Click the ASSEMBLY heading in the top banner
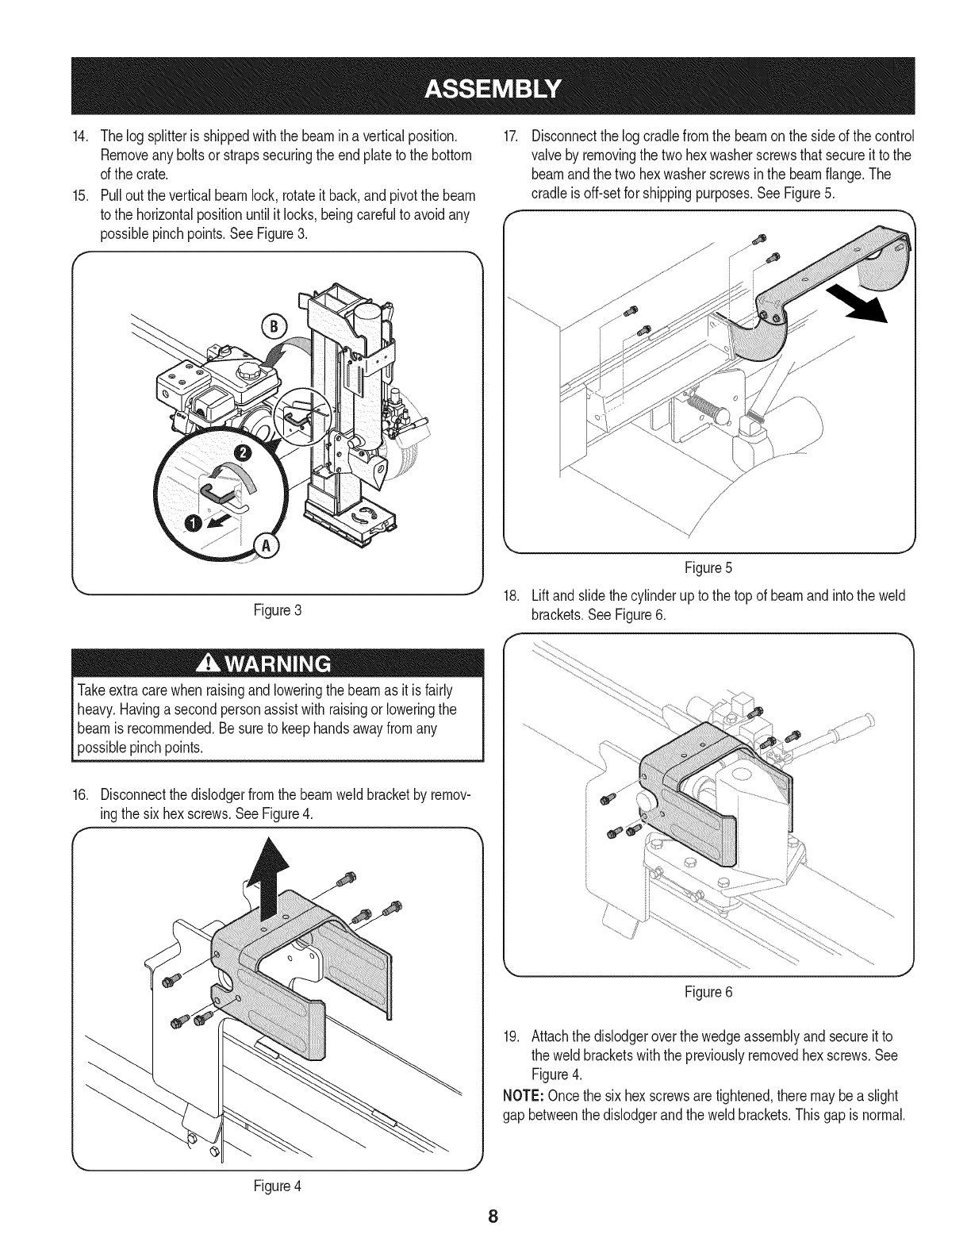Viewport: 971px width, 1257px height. tap(493, 86)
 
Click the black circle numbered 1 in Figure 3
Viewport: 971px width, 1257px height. tap(194, 523)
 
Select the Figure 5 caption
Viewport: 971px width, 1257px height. tap(708, 568)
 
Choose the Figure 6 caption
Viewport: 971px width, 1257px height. tap(708, 992)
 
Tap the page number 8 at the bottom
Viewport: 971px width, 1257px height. tap(493, 1218)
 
